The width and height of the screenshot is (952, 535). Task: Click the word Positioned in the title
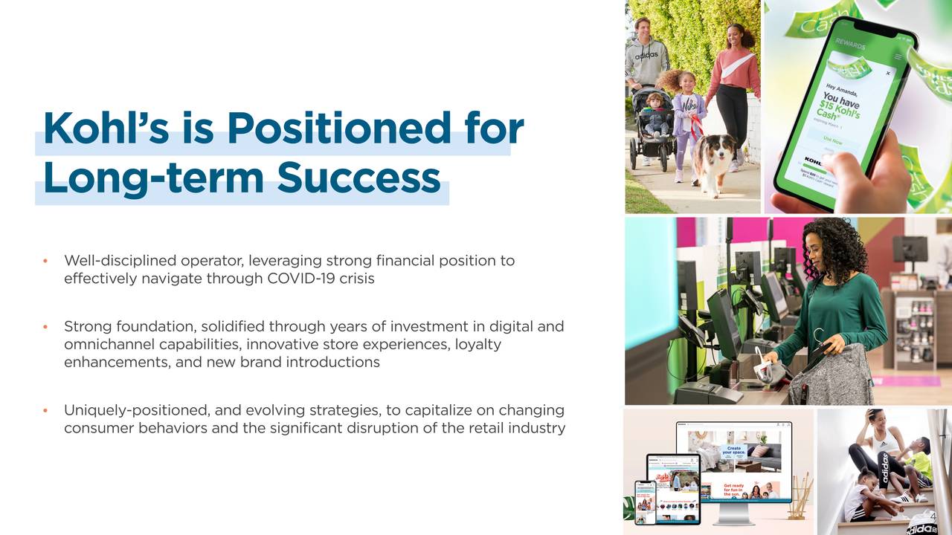[x=338, y=129]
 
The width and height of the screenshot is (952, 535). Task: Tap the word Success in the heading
[x=358, y=178]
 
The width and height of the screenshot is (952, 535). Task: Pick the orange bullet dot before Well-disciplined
[x=45, y=261]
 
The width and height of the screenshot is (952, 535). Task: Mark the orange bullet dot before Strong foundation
[x=45, y=327]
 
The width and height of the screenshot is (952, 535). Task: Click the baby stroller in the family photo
[x=650, y=126]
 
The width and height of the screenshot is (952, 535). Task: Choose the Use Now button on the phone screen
[x=833, y=141]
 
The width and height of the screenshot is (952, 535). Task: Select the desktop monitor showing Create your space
[x=734, y=461]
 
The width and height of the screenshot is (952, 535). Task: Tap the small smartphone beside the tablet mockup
[x=645, y=503]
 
